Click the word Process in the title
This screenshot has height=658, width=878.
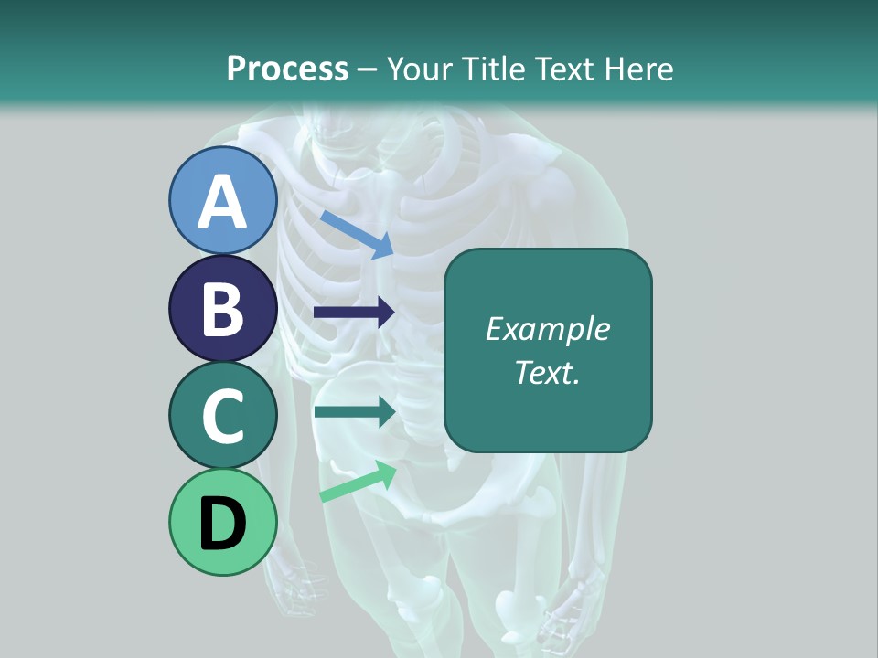287,69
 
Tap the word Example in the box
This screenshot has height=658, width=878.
547,329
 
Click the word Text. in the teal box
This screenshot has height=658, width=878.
547,372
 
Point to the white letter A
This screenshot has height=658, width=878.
222,201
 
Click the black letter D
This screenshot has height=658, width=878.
222,524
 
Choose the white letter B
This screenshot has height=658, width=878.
222,309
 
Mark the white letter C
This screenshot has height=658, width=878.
222,417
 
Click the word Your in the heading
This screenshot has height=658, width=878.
421,69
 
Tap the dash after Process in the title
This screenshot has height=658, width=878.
367,69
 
